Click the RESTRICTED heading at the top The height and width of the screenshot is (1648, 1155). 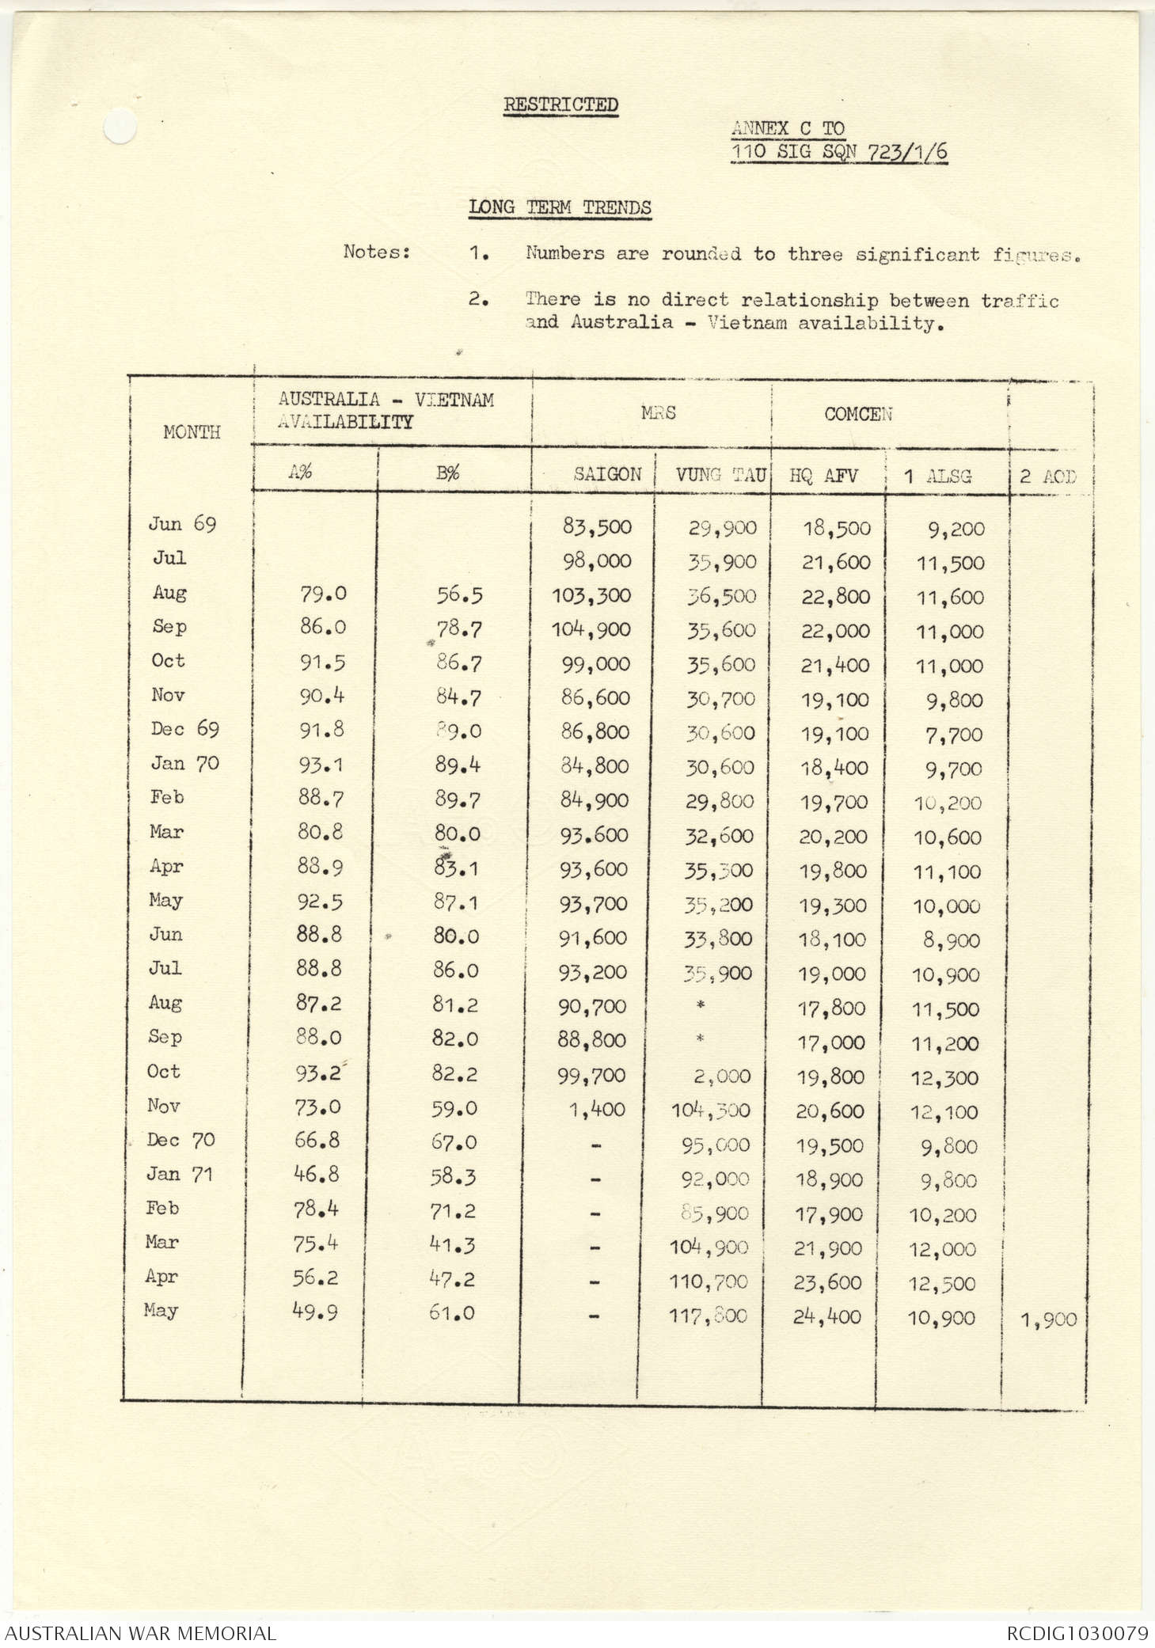click(x=560, y=104)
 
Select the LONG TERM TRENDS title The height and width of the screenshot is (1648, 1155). click(x=560, y=207)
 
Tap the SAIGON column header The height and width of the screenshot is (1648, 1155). click(x=607, y=475)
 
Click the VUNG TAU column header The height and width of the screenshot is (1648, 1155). click(x=720, y=475)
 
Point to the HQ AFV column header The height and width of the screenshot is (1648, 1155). click(x=823, y=476)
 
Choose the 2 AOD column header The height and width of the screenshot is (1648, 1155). click(x=1048, y=477)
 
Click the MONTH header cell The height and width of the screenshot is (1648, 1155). click(x=192, y=432)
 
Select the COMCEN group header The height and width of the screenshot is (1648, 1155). click(x=858, y=414)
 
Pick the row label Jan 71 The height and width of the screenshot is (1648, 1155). click(x=180, y=1174)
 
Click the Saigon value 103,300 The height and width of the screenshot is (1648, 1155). click(x=591, y=596)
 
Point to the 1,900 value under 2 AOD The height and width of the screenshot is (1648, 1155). click(x=1049, y=1320)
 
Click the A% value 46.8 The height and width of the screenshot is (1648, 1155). click(x=317, y=1175)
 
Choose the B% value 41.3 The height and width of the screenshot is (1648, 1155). click(x=453, y=1245)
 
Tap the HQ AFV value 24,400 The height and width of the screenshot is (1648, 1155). click(x=827, y=1317)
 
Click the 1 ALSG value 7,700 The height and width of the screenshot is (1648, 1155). click(x=954, y=735)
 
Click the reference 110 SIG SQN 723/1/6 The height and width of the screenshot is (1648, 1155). click(x=838, y=151)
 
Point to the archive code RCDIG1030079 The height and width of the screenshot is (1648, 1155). click(x=1077, y=1633)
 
